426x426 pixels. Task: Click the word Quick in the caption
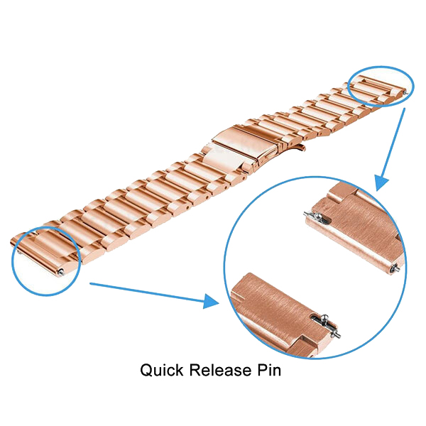click(162, 371)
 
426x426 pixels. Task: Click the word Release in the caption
click(220, 370)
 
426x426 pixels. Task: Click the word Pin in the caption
click(269, 370)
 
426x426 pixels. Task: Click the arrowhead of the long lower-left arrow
click(211, 301)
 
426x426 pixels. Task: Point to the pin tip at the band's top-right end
click(406, 93)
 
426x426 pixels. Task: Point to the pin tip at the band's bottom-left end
click(62, 272)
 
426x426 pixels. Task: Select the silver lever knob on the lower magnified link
click(325, 317)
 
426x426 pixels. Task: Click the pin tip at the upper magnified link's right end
click(394, 268)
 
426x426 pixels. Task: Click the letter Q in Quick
click(146, 371)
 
